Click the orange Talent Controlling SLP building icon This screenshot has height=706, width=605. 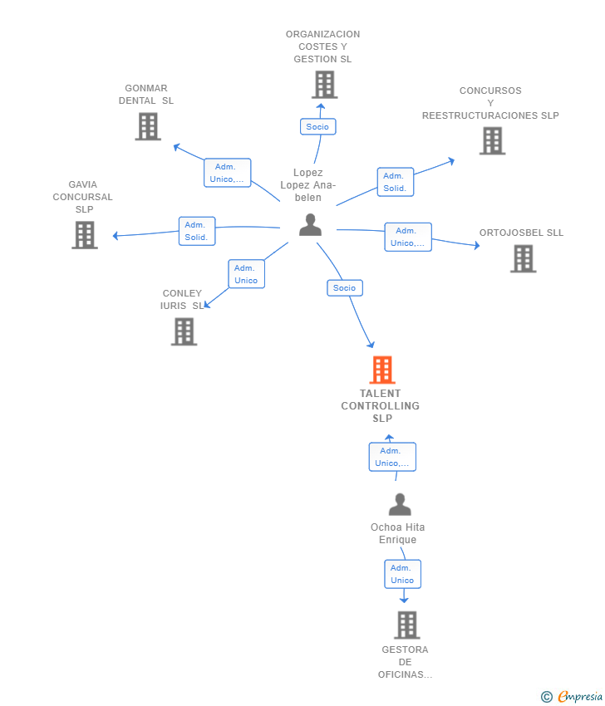381,370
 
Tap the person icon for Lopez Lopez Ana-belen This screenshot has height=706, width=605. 310,224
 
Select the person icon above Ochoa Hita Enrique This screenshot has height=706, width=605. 400,504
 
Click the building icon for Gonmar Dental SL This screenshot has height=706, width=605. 147,126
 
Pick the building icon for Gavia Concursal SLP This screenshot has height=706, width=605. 84,235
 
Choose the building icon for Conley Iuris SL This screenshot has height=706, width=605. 184,331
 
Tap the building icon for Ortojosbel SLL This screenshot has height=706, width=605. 523,258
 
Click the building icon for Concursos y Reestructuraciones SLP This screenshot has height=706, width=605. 492,140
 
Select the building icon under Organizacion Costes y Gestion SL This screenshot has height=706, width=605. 324,84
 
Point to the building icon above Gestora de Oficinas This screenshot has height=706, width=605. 406,625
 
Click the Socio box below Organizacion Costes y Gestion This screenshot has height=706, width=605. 317,126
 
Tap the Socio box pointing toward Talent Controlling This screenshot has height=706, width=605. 344,288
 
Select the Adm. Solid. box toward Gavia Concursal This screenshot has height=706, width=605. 197,231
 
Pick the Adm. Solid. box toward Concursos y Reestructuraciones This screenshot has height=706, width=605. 395,182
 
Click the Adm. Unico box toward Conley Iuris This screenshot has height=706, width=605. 246,274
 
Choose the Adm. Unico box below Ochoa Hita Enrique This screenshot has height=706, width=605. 402,574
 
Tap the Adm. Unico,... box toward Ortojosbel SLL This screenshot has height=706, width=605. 408,237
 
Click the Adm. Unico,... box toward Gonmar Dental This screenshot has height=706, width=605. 227,173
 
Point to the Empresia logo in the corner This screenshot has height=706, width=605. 573,696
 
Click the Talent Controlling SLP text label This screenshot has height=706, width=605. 381,406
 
